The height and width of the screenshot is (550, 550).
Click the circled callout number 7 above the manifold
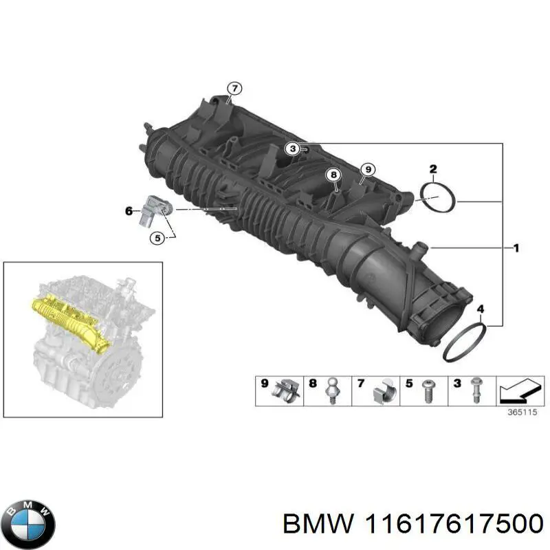234,88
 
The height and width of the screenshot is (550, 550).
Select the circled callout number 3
292,147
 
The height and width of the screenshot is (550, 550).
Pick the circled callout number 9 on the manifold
368,169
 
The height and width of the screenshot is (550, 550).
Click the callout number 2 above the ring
433,168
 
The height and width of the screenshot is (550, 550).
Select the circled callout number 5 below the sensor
157,238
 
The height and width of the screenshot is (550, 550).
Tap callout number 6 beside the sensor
129,212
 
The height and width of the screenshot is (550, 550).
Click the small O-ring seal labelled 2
439,197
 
